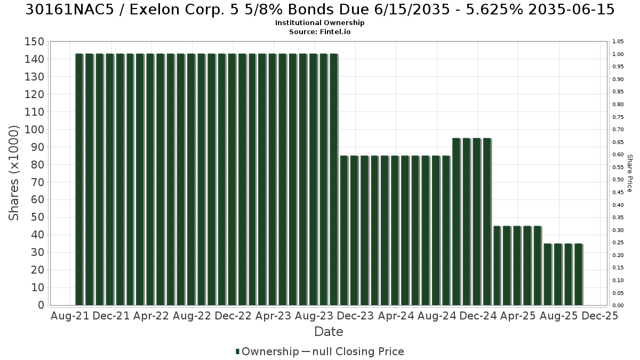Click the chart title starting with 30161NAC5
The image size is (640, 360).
pos(320,10)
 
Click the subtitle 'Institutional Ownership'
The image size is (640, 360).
pos(319,23)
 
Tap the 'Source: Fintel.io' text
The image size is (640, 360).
pos(319,31)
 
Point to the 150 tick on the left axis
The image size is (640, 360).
pos(35,42)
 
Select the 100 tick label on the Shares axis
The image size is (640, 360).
pos(35,130)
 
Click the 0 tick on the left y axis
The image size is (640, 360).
pos(42,305)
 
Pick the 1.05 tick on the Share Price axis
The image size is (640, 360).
pos(618,42)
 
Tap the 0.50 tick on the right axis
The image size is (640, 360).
pos(618,180)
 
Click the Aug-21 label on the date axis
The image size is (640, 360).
pos(70,316)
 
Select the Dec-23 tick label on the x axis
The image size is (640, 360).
pos(355,316)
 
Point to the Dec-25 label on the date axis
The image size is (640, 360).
pos(599,316)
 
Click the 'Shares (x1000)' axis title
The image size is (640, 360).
pos(13,173)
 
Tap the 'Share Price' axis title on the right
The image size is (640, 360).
pos(629,173)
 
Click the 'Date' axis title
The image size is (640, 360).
pos(329,332)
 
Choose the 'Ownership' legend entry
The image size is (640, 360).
pos(267,351)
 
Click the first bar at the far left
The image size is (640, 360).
pos(79,179)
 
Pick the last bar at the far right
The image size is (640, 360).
pos(579,275)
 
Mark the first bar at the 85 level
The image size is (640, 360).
pos(344,230)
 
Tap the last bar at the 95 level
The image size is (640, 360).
pos(487,222)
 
